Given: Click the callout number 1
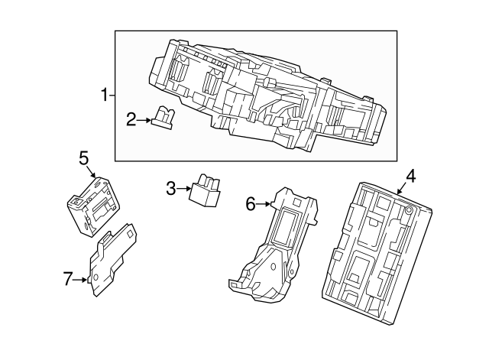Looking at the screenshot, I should [105, 96].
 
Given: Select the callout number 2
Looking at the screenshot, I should [131, 119].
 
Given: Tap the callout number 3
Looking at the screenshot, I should [170, 186].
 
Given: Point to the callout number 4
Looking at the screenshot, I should [410, 176].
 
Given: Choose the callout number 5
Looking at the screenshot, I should [84, 157].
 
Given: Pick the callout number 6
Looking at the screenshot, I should [250, 203].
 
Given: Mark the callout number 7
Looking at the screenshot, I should [68, 281].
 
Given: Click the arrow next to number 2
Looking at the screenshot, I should [145, 120].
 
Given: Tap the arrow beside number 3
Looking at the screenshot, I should [183, 187].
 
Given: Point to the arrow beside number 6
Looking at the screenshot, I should [264, 203].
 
